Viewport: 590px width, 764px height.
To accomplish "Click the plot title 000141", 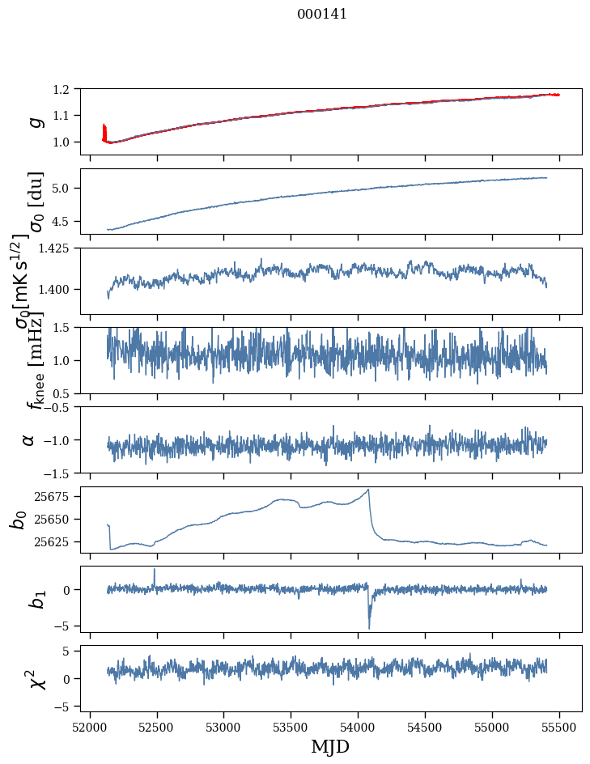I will coord(322,14).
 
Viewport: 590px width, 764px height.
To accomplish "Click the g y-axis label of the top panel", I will coord(34,121).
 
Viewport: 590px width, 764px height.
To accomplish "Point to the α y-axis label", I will coord(29,439).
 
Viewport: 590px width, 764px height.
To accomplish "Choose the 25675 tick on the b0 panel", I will coord(54,495).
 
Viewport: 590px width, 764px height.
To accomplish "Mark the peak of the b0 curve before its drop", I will coord(369,489).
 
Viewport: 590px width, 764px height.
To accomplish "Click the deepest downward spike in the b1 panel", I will coord(369,628).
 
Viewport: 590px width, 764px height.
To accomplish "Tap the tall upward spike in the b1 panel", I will coord(155,569).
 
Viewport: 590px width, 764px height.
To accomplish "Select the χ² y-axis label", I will coord(36,678).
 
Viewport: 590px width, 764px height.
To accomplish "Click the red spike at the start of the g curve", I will coord(104,129).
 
